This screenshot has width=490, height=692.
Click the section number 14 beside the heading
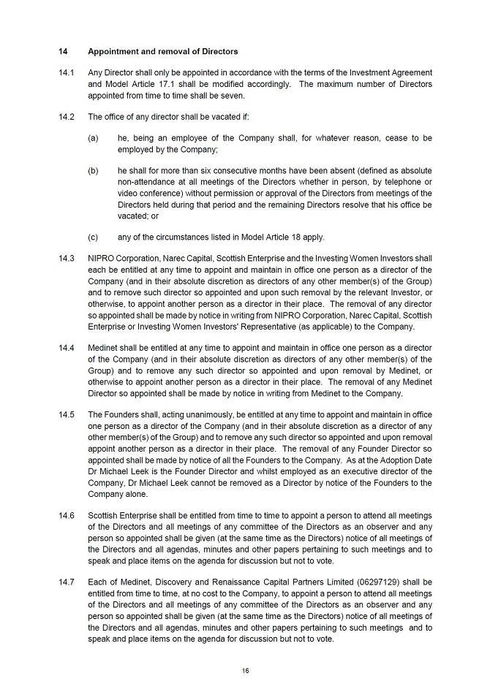pyautogui.click(x=63, y=52)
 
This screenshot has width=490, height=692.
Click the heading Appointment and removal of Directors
pyautogui.click(x=162, y=52)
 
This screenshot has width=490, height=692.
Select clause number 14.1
pyautogui.click(x=66, y=73)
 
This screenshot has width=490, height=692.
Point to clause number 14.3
pyautogui.click(x=66, y=259)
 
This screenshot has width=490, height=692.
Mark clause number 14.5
pyautogui.click(x=66, y=415)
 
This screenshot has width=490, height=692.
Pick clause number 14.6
pyautogui.click(x=66, y=516)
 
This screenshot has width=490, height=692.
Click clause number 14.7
pyautogui.click(x=66, y=582)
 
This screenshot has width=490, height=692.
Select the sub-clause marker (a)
pyautogui.click(x=93, y=138)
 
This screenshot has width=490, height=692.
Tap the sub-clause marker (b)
pyautogui.click(x=93, y=170)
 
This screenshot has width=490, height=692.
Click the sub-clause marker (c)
pyautogui.click(x=93, y=237)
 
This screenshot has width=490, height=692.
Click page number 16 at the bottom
pyautogui.click(x=246, y=669)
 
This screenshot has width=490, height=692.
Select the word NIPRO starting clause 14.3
pyautogui.click(x=102, y=259)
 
